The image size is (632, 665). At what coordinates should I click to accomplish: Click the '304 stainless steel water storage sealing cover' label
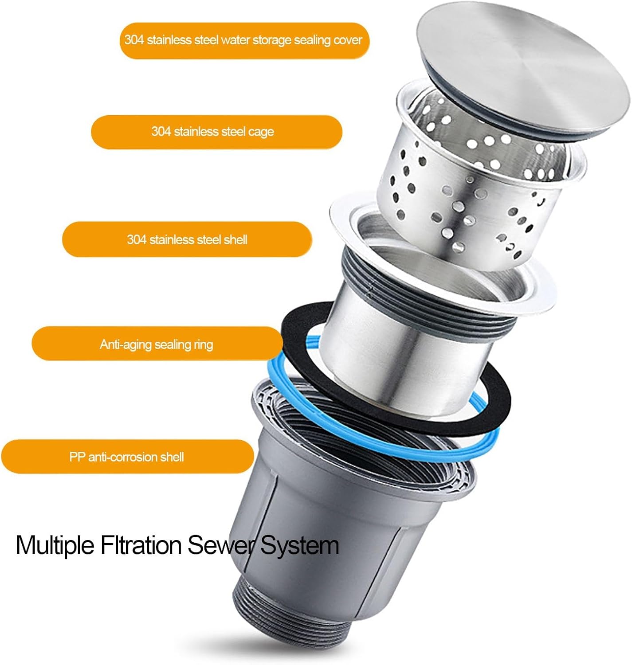click(244, 40)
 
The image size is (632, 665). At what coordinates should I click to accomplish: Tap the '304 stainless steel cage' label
click(216, 132)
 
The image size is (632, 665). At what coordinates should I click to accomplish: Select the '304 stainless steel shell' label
click(187, 240)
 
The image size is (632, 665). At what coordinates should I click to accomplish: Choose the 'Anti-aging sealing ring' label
click(157, 344)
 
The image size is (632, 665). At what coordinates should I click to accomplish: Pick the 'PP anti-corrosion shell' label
click(127, 457)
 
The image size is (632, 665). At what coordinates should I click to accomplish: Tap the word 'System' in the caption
click(300, 545)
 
